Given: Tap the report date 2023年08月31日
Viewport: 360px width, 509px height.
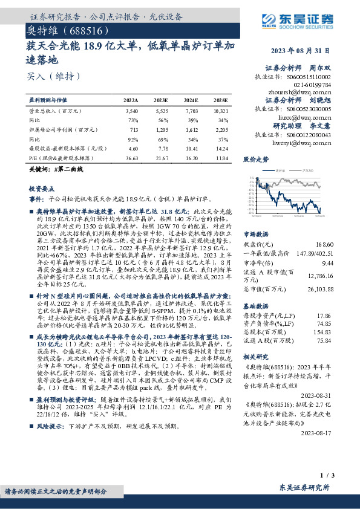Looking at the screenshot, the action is [309, 51].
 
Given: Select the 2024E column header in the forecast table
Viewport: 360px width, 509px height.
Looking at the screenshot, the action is [191, 100].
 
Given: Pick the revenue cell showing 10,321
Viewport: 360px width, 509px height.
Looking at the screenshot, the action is [221, 112].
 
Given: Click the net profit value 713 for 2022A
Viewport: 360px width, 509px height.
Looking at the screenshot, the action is [134, 130].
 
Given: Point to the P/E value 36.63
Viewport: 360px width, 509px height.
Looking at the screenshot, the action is [132, 157].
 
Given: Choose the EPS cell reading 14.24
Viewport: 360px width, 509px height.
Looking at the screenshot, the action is [221, 148].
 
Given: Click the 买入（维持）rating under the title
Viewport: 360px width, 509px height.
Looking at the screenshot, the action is [46, 77].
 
